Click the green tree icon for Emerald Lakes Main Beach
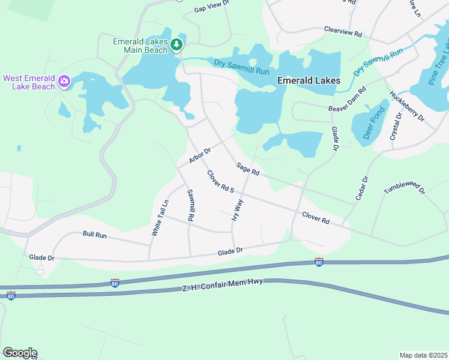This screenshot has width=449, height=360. coord(176,45)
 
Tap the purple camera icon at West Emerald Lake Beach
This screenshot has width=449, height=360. coord(64,81)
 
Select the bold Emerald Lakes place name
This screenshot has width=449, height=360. coord(309,80)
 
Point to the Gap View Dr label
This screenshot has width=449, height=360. coord(212,7)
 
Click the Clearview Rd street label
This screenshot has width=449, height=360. coord(343,32)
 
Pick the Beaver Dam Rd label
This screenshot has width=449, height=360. coord(348,100)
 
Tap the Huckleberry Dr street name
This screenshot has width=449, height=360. coord(407,106)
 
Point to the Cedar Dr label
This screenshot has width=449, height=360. coord(361,188)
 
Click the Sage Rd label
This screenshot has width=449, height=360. coord(247,170)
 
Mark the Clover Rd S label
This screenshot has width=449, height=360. coord(220,182)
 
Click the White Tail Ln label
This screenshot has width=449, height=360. coord(160,218)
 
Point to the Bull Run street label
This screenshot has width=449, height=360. coord(94,235)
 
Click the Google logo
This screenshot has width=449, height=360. coord(20,353)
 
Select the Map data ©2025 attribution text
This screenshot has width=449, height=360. coord(423,355)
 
